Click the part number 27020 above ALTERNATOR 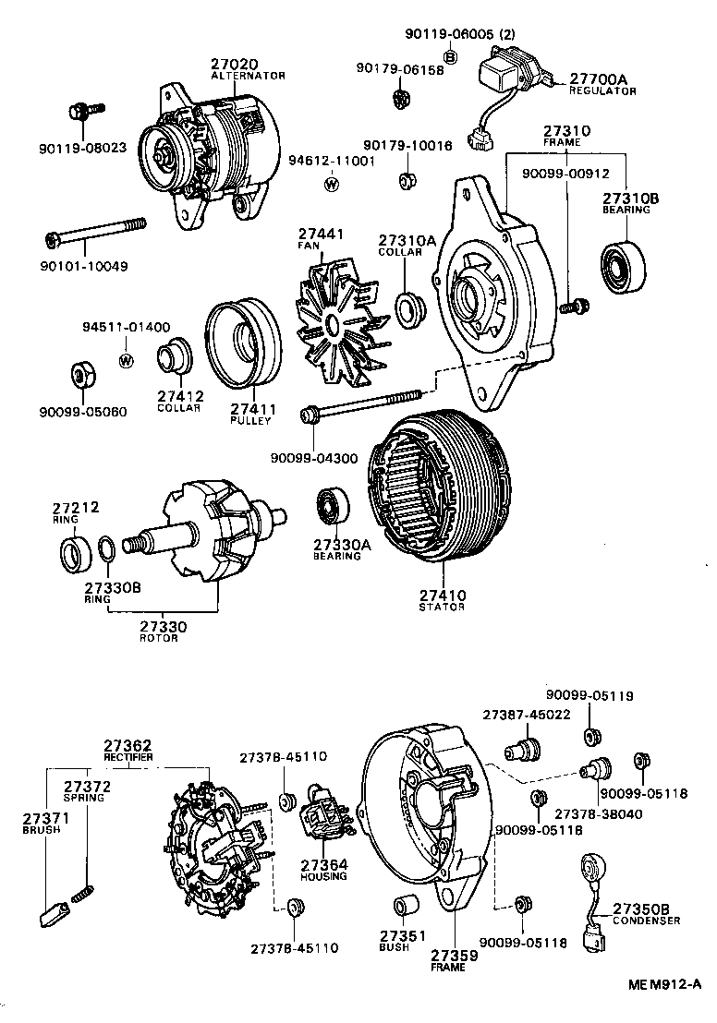click(x=235, y=65)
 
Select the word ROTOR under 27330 click(x=159, y=638)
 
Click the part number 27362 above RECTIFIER click(x=128, y=745)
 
